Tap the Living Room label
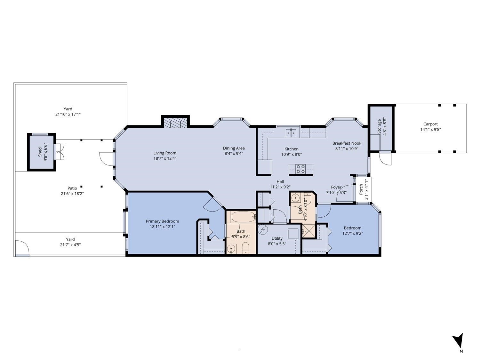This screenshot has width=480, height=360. (164, 153)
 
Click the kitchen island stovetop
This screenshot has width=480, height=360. (301, 169)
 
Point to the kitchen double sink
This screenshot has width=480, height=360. (291, 133)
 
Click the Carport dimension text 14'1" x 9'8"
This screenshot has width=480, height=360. (430, 130)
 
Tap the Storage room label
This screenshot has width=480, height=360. (380, 127)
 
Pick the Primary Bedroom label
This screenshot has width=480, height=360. (162, 221)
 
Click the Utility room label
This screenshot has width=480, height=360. (277, 238)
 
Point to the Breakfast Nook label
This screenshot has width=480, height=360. (347, 143)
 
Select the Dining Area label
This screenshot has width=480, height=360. (234, 148)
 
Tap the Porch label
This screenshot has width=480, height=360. (361, 189)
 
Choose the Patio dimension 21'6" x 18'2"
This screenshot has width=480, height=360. (72, 194)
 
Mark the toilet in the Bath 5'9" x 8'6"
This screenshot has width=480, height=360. (245, 248)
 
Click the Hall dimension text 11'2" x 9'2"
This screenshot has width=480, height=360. (280, 187)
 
